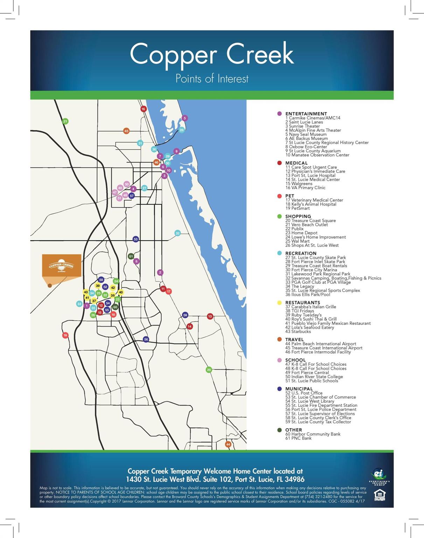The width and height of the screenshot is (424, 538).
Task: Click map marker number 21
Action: tap(65, 122)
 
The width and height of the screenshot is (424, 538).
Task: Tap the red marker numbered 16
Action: tap(143, 109)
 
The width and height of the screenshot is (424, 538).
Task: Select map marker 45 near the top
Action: tap(126, 131)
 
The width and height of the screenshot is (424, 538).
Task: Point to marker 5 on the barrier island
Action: tap(185, 118)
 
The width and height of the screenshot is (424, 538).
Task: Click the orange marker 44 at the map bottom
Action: tap(228, 444)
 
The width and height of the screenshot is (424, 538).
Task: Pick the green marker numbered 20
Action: tap(209, 370)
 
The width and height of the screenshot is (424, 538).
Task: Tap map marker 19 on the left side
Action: tap(65, 335)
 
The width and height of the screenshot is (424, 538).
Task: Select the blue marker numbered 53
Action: tap(136, 239)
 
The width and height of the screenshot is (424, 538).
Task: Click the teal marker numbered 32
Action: tap(178, 233)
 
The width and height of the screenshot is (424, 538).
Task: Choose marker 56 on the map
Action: tap(146, 339)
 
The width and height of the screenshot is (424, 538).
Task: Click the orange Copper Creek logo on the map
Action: tap(62, 265)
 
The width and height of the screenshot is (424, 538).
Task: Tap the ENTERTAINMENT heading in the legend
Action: tap(306, 114)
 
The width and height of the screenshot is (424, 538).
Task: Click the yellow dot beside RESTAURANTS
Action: tap(279, 303)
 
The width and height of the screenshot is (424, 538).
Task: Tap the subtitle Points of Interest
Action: tap(212, 78)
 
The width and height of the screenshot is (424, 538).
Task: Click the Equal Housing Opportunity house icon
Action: tap(380, 495)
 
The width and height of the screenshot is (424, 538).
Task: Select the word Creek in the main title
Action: tap(260, 54)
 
